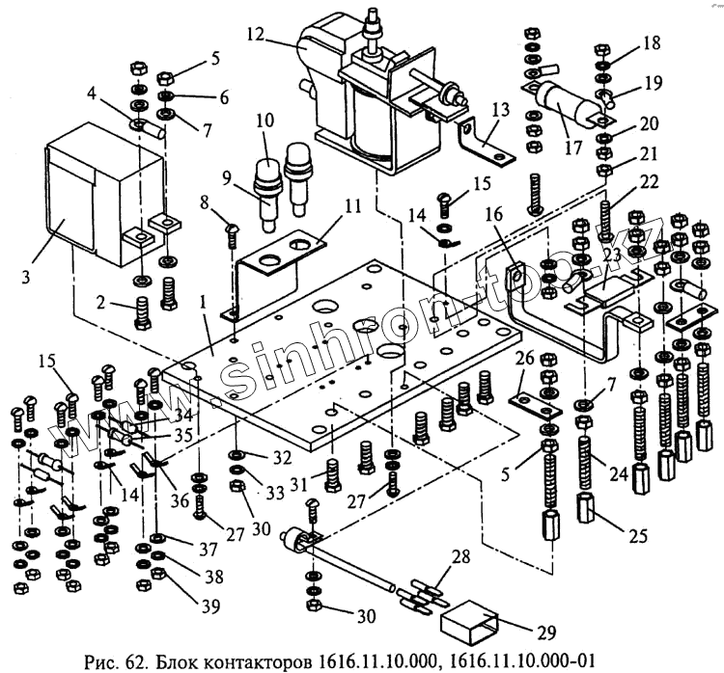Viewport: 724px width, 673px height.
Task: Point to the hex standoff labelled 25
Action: [591, 507]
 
